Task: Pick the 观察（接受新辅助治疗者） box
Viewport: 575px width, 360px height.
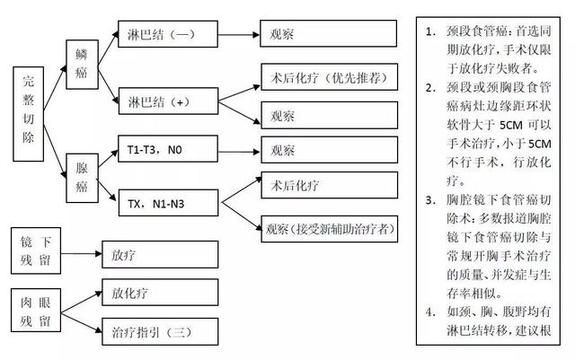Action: (328, 228)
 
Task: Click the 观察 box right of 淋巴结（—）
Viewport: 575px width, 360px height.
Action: (328, 37)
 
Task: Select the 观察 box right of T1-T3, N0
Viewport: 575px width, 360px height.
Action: (328, 151)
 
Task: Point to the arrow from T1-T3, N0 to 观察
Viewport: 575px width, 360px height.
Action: (237, 151)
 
